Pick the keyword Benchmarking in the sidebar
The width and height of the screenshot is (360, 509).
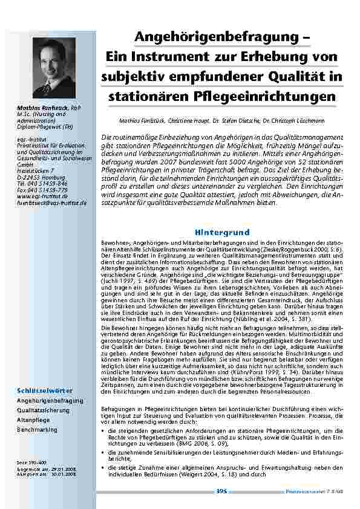tap(38, 429)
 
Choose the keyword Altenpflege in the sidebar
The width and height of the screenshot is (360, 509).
tap(36, 420)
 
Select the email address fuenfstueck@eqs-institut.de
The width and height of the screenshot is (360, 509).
tap(52, 203)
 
